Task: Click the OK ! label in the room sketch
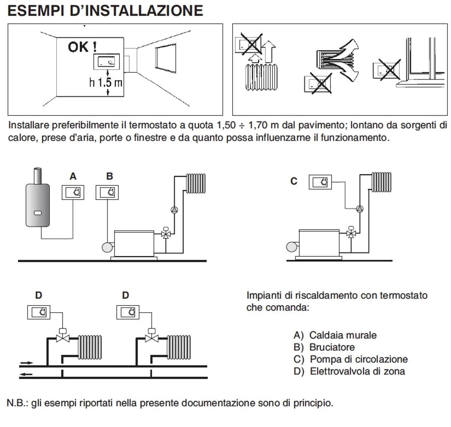click(x=82, y=47)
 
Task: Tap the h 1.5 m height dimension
click(x=106, y=82)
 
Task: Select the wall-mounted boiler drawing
click(x=38, y=204)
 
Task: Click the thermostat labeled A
click(x=73, y=192)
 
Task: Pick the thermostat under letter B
click(x=107, y=192)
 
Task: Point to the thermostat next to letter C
click(x=320, y=182)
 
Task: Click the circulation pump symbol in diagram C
click(x=360, y=209)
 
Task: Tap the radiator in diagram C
click(x=381, y=182)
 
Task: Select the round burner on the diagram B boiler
click(x=107, y=247)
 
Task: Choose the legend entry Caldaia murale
click(x=343, y=335)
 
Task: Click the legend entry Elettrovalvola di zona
click(x=357, y=371)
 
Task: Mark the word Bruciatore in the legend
click(x=332, y=347)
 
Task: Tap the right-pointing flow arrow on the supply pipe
click(x=26, y=363)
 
